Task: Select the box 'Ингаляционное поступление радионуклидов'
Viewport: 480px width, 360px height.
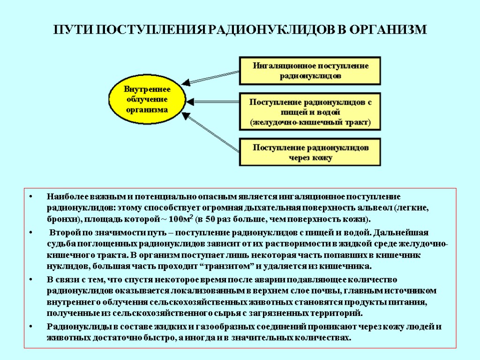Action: pos(310,71)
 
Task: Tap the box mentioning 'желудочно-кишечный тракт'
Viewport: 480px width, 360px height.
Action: pos(310,112)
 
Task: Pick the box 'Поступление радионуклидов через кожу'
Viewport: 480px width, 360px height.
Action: pos(310,152)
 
